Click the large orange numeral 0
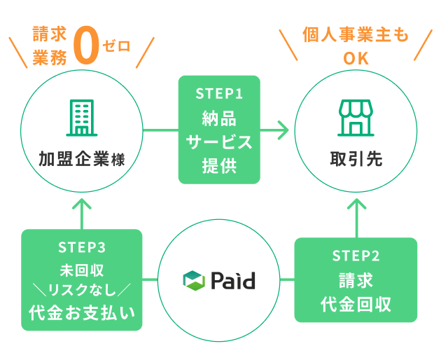86,48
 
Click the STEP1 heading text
219,92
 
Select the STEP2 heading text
356,256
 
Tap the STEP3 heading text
83,247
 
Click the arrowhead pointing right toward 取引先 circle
282,130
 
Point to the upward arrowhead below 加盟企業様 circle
83,205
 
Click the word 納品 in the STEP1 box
219,117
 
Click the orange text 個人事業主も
356,35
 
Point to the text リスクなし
83,289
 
